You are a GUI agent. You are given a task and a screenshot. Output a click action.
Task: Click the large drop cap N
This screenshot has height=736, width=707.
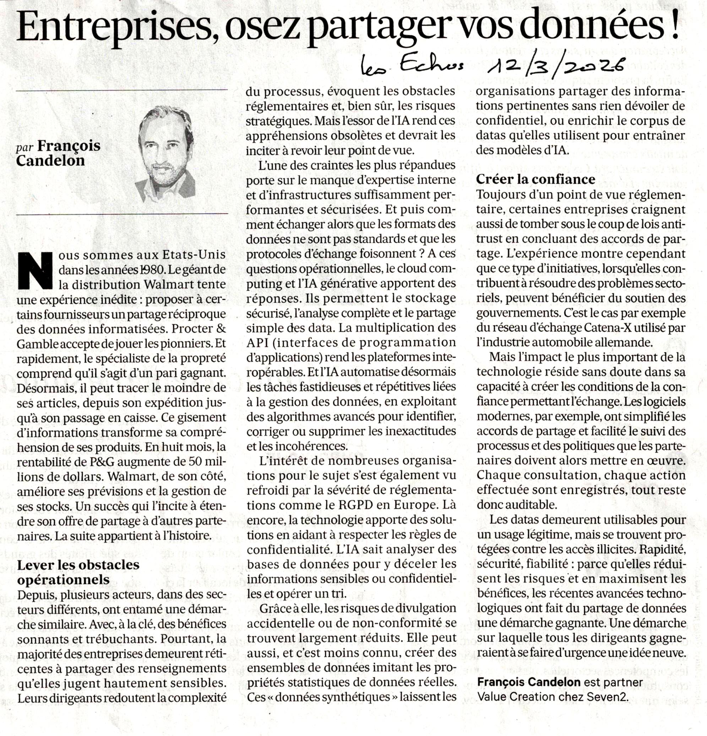[35, 270]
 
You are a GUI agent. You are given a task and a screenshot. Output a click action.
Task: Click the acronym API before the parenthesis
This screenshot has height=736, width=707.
[256, 343]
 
